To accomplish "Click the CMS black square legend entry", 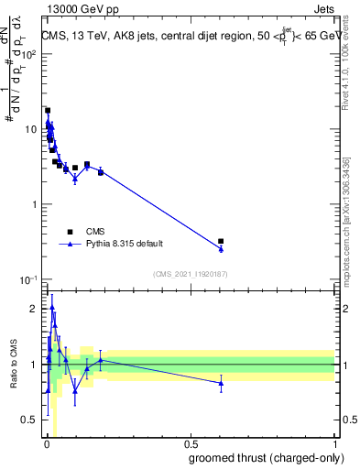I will click(70, 232).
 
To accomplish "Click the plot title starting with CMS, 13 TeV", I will click(188, 36).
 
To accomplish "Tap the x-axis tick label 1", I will click(333, 444).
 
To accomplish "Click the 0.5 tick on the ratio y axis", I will click(32, 420).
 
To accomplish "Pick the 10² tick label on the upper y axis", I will click(29, 54).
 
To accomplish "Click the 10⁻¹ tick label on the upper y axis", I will click(28, 278).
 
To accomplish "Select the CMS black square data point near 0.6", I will click(221, 241).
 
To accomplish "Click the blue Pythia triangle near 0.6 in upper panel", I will click(221, 248).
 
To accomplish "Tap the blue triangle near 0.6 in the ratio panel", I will click(221, 384).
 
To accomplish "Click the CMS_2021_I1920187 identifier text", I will click(189, 274).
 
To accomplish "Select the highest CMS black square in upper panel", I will click(48, 110).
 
